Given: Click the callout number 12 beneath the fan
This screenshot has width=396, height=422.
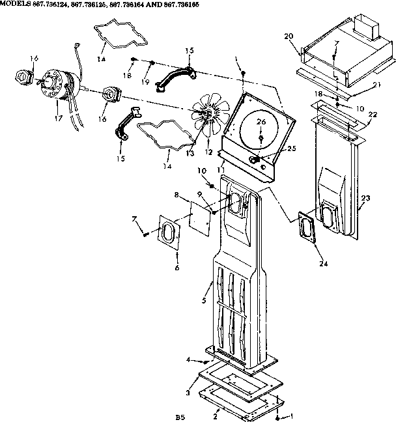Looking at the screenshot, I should [209, 152].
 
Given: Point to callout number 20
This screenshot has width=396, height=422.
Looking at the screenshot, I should [289, 36].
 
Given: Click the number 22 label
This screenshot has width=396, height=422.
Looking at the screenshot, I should [373, 115].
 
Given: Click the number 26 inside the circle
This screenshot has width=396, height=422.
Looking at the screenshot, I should [261, 122].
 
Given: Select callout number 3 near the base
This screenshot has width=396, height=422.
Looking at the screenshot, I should [187, 393].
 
